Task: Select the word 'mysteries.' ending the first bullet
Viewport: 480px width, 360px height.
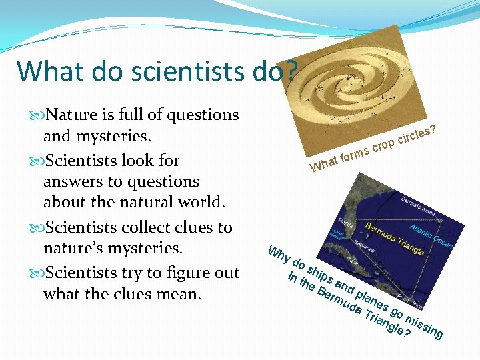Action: [99, 137]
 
